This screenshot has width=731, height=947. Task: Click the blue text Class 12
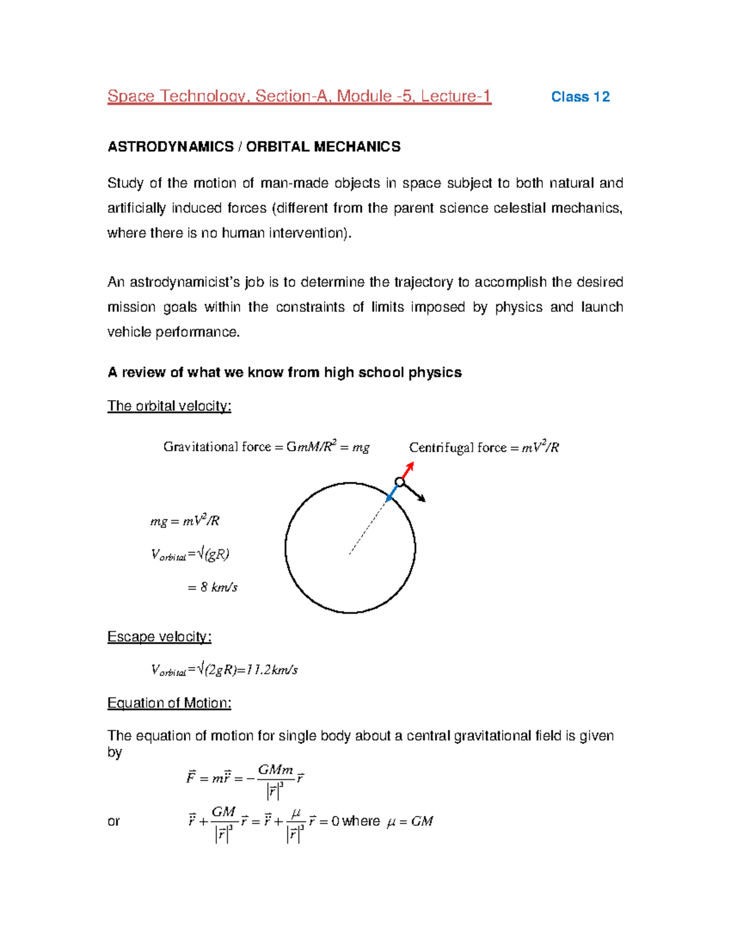click(x=580, y=97)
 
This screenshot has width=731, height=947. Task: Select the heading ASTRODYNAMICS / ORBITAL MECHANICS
click(x=254, y=147)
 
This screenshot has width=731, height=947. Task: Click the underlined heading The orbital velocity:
click(x=169, y=406)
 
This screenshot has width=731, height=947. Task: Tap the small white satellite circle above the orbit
click(x=400, y=482)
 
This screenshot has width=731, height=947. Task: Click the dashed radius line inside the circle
click(x=367, y=528)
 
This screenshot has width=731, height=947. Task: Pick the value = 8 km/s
click(x=213, y=587)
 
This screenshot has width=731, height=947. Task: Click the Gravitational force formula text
click(x=266, y=447)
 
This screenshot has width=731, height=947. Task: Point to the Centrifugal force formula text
click(x=484, y=448)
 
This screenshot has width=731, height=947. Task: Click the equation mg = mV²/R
click(x=185, y=521)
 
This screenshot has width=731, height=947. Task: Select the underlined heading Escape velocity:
click(x=159, y=637)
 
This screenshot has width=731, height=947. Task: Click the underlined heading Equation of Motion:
click(x=169, y=703)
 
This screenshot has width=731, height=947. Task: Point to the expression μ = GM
click(x=410, y=821)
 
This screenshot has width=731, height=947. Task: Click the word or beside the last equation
click(x=113, y=821)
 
